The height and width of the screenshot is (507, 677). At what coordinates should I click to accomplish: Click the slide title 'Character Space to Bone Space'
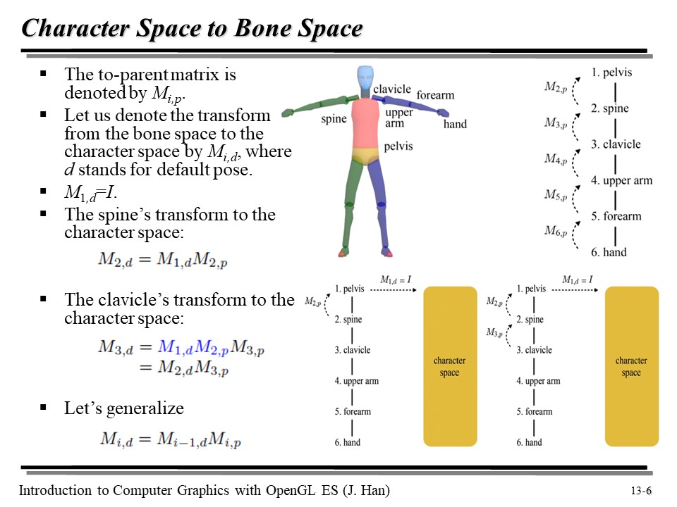coord(192,28)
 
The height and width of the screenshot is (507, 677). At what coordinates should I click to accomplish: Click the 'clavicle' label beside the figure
coord(391,89)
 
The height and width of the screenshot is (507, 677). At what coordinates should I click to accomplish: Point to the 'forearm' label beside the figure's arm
coord(435,95)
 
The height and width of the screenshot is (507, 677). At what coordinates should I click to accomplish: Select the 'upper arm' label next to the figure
coord(400,118)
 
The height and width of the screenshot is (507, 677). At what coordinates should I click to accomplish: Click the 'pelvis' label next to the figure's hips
coord(398,146)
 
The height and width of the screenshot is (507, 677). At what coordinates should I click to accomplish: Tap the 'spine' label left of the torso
coord(334,118)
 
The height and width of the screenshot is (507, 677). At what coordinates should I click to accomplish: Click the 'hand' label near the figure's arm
coord(455,124)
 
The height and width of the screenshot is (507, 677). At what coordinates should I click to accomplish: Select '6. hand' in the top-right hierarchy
coord(609,252)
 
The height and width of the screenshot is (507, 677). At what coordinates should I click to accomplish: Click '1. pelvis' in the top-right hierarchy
coord(611,72)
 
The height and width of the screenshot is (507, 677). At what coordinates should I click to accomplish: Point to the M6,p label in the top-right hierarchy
coord(556,230)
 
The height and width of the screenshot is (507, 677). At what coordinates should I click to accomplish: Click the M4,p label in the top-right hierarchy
coord(556,158)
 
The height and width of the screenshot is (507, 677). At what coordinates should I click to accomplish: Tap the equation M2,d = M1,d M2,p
coord(163,259)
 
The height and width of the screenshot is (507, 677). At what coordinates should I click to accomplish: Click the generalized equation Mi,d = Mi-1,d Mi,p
coord(170,439)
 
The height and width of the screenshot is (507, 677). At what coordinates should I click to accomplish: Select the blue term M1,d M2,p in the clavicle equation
coord(194,347)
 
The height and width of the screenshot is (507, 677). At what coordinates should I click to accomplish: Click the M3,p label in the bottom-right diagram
coord(495,332)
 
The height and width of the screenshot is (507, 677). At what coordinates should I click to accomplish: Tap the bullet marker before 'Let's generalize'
coord(44,407)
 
